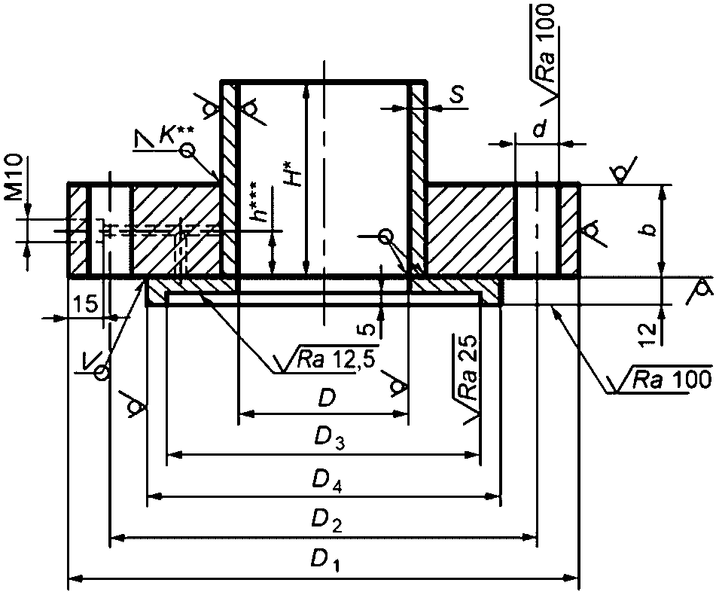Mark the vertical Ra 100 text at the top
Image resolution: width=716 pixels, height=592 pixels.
point(545,42)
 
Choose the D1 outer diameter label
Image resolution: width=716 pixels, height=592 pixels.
point(325,560)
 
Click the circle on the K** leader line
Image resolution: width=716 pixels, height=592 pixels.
point(187,150)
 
